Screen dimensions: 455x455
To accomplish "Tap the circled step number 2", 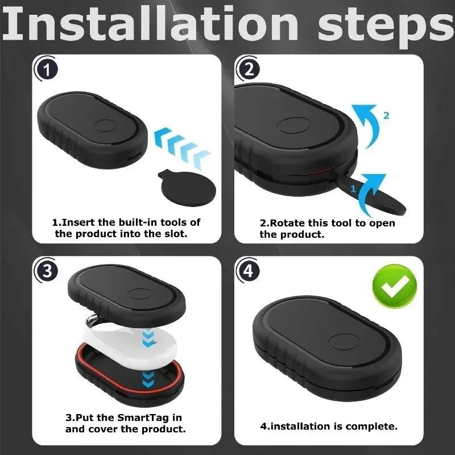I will (x=248, y=69).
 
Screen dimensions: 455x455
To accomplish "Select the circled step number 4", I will (x=248, y=271).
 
